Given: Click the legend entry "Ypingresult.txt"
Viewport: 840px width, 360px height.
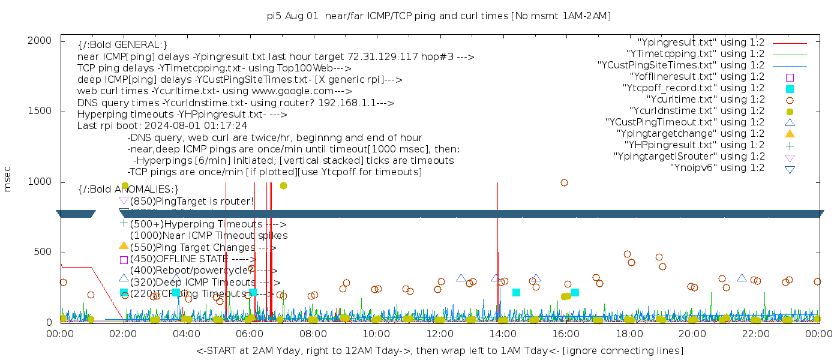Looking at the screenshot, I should click(x=701, y=43).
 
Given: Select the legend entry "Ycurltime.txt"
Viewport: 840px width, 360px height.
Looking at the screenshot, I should click(x=705, y=100).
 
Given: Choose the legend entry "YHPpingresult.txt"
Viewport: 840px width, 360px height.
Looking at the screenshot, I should click(x=694, y=145).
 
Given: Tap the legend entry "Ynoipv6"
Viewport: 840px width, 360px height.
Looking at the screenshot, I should click(x=717, y=168).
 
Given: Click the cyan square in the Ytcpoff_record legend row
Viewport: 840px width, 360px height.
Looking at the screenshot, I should click(x=790, y=89).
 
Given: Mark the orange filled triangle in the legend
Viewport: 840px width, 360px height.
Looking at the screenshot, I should click(x=790, y=134).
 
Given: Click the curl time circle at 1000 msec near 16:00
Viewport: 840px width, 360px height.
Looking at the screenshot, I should click(x=564, y=182).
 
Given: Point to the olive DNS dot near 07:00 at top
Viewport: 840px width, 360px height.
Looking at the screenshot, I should click(x=283, y=185).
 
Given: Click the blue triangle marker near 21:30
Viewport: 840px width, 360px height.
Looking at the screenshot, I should click(x=742, y=278).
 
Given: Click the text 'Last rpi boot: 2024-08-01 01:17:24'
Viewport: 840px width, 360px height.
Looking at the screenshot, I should click(x=162, y=126).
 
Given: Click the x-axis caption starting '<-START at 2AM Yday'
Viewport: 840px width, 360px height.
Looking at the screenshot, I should click(x=439, y=350).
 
